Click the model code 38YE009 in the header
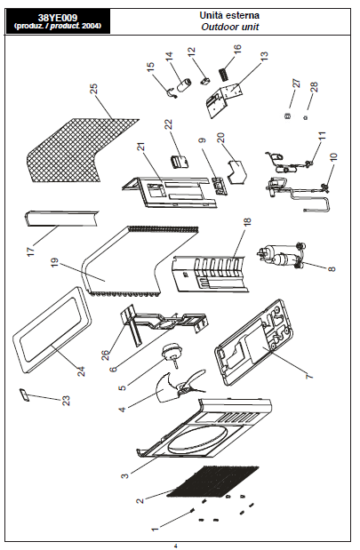tap(58, 18)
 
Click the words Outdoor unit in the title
tap(230, 27)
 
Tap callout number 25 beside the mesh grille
tap(93, 89)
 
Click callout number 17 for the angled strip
tap(30, 251)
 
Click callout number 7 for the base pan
tap(309, 376)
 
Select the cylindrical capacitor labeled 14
tap(184, 85)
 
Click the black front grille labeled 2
tap(213, 482)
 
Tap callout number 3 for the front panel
tap(125, 475)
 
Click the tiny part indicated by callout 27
tap(287, 116)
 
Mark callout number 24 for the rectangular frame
tap(81, 371)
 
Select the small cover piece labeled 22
tap(180, 162)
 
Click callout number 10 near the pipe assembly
tap(333, 156)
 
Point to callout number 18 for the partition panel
tap(247, 222)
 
